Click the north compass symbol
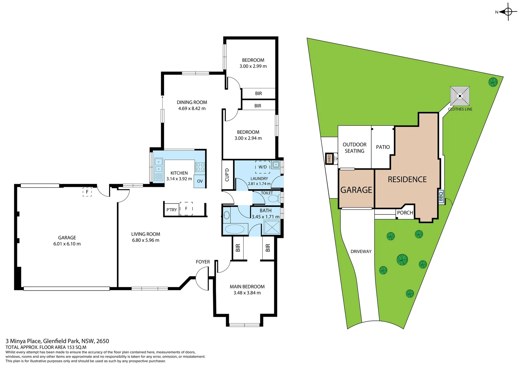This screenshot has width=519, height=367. click(507, 12)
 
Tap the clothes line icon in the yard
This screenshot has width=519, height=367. click(460, 96)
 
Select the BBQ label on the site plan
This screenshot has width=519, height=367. click(441, 196)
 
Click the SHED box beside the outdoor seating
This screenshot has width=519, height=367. click(329, 158)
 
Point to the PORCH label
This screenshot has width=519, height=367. click(405, 213)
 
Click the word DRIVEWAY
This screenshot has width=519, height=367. click(361, 251)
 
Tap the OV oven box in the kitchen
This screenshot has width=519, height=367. click(200, 181)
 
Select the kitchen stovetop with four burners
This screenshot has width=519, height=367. click(200, 167)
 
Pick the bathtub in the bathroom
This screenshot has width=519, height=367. click(235, 229)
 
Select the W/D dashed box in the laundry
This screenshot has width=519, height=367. click(263, 167)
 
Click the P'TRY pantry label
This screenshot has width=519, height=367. click(172, 210)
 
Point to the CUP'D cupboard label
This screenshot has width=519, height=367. click(227, 175)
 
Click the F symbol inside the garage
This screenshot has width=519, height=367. click(87, 192)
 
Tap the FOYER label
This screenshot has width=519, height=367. click(203, 262)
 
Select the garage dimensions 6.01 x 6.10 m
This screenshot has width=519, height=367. click(67, 244)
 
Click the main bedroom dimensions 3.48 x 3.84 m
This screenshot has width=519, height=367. click(247, 293)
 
